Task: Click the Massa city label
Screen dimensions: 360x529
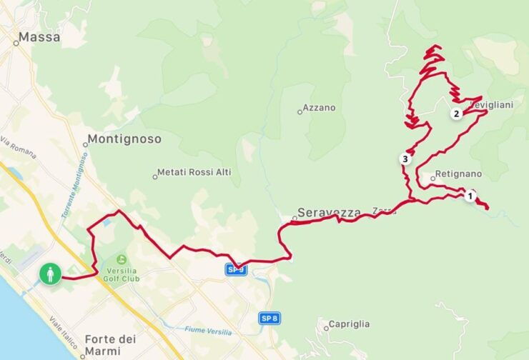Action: tap(39, 37)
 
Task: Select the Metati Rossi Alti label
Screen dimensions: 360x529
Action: tap(189, 172)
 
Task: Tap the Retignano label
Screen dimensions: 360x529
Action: tap(458, 174)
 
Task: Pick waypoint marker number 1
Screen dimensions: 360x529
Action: tap(470, 195)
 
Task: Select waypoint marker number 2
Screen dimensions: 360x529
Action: tap(455, 114)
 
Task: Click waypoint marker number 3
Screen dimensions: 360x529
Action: tap(405, 159)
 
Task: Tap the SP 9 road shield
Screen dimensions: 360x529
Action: tap(235, 269)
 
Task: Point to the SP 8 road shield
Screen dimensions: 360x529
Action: tap(268, 318)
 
